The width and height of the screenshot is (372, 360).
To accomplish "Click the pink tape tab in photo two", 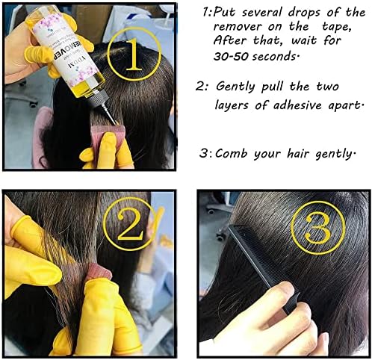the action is pyautogui.click(x=99, y=272).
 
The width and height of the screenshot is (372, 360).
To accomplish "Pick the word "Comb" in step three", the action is pyautogui.click(x=231, y=153).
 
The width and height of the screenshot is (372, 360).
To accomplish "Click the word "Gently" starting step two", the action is pyautogui.click(x=235, y=87).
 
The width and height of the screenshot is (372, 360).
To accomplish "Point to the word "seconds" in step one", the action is pyautogui.click(x=275, y=57).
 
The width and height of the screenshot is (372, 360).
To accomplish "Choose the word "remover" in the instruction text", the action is pyautogui.click(x=238, y=27).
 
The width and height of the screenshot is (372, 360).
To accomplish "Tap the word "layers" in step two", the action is pyautogui.click(x=232, y=105).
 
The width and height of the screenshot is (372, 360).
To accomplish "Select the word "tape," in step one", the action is pyautogui.click(x=337, y=27).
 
